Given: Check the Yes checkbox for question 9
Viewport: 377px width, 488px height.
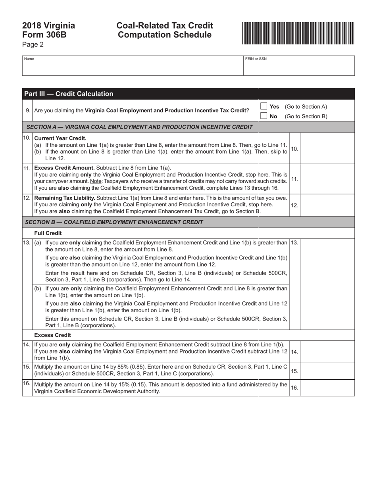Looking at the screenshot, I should [x=264, y=106].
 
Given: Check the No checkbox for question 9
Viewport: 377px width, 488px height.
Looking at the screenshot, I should [x=264, y=116].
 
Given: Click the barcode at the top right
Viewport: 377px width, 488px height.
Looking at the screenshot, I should [x=298, y=33].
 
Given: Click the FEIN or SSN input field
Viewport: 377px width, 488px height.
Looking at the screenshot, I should [x=298, y=67].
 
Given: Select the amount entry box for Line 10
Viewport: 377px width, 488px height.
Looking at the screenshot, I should [x=327, y=148].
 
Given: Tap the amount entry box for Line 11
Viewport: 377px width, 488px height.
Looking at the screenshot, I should [x=327, y=179].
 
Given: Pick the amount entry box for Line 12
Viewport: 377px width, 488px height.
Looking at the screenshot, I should [x=327, y=205].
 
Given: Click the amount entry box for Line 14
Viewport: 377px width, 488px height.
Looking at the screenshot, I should [x=327, y=352].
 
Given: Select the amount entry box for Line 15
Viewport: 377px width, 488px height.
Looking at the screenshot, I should [x=327, y=371].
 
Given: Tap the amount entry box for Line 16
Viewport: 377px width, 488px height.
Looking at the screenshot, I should [x=327, y=388].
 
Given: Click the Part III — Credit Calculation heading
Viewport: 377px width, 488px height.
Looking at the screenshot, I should [x=69, y=94].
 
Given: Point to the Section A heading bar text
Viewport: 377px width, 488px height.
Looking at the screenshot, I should [x=139, y=127].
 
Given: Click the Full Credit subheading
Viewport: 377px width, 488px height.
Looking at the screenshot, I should [x=48, y=233].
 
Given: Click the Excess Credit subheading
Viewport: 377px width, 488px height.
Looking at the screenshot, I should [x=52, y=335].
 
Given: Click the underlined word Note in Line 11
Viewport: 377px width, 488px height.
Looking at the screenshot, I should [x=96, y=181].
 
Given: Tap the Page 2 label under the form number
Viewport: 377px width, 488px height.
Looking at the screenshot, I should [x=33, y=44].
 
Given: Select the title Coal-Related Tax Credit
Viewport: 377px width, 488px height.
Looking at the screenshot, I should [x=165, y=26].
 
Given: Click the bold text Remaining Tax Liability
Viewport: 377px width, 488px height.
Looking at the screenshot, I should [x=64, y=198].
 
